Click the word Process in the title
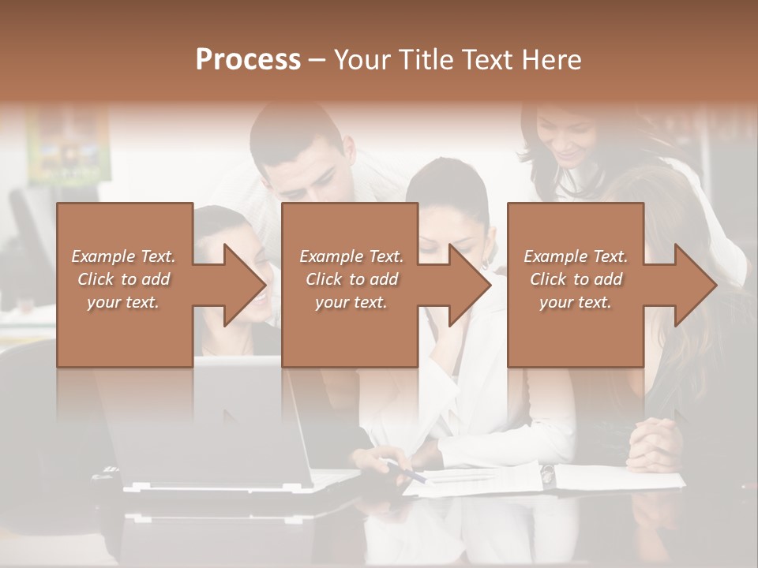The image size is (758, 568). [x=248, y=60]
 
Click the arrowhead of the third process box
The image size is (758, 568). [x=694, y=285]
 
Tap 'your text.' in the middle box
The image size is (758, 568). [x=351, y=302]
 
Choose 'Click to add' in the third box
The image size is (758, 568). [x=576, y=279]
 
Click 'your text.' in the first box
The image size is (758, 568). [x=123, y=302]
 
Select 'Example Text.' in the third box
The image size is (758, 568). [x=576, y=256]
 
